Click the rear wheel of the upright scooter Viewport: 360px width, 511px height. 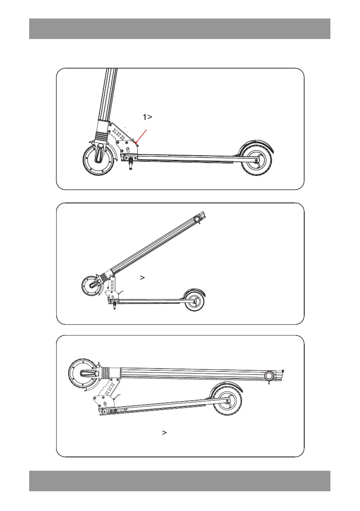pos(258,160)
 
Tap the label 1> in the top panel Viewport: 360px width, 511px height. pos(148,117)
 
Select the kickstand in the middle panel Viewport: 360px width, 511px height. pos(114,305)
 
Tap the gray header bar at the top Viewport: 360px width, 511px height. pos(180,29)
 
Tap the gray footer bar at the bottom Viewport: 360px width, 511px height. pos(180,481)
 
